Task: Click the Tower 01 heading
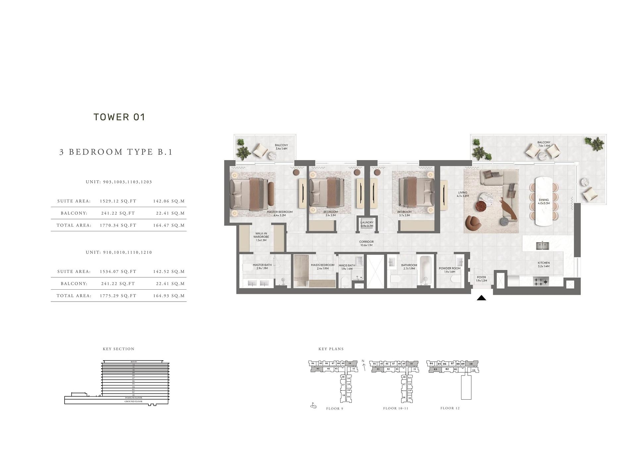pyautogui.click(x=119, y=117)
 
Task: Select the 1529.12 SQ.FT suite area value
pyautogui.click(x=118, y=201)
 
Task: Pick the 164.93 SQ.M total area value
pyautogui.click(x=169, y=296)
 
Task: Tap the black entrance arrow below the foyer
pyautogui.click(x=481, y=298)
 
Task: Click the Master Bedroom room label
pyautogui.click(x=280, y=213)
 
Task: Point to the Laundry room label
pyautogui.click(x=367, y=224)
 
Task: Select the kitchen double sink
pyautogui.click(x=542, y=246)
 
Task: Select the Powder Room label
pyautogui.click(x=450, y=270)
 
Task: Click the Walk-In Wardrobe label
pyautogui.click(x=261, y=237)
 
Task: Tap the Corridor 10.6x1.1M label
pyautogui.click(x=366, y=243)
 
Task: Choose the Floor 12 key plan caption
pyautogui.click(x=450, y=408)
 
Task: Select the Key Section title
pyautogui.click(x=119, y=349)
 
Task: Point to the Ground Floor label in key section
pyautogui.click(x=133, y=401)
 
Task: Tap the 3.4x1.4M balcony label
pyautogui.click(x=281, y=147)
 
